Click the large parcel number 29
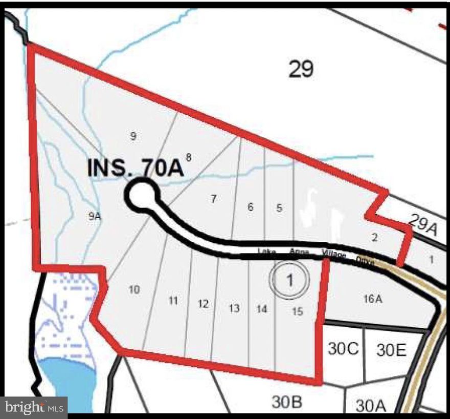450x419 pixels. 301,69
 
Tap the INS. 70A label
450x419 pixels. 136,168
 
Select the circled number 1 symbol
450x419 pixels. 290,280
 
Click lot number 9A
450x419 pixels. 94,216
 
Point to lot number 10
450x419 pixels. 134,290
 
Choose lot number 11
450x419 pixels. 173,300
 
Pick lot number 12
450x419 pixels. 204,304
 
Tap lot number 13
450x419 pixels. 234,308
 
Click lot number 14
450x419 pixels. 262,309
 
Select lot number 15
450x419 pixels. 297,310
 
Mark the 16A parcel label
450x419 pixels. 373,298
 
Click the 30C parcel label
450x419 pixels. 343,349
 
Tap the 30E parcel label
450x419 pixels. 391,350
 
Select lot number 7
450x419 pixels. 214,199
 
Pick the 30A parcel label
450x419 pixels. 370,406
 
